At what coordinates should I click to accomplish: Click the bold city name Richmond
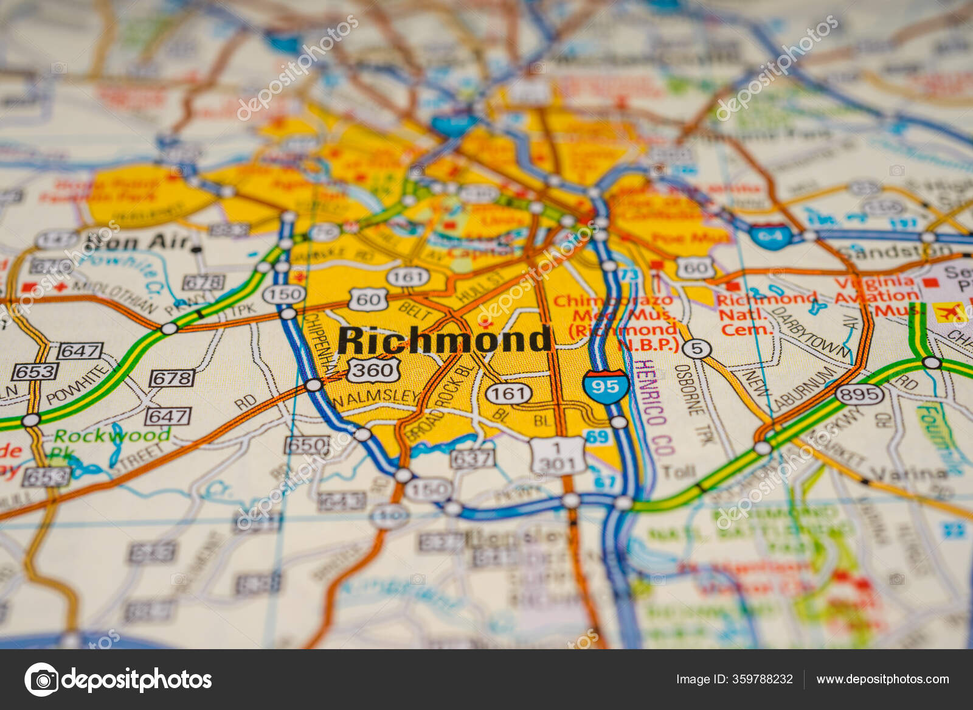point(445,339)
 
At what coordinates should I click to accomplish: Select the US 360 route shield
point(373,369)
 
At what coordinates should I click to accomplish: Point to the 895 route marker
point(859,394)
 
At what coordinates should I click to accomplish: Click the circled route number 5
point(696,349)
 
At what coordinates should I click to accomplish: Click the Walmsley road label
point(375,397)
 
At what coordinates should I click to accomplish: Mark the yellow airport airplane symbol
point(950,313)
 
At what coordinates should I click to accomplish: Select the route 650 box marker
point(307,445)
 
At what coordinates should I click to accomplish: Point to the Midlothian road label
point(116,296)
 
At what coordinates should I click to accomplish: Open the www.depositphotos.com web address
point(882,679)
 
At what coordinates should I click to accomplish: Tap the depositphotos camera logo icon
point(41,680)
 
